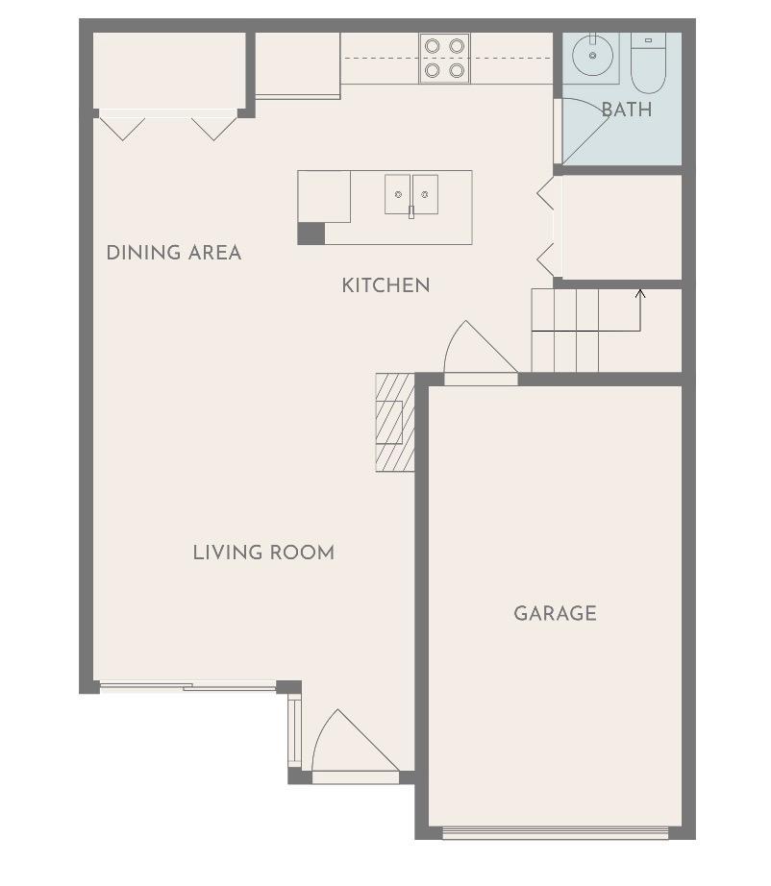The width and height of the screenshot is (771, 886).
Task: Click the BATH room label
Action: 626,110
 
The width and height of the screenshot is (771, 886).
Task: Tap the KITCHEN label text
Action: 385,285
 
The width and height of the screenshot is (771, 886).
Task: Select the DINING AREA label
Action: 173,253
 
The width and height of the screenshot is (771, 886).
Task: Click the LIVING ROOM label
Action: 263,553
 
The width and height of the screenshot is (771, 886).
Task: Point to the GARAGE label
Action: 555,613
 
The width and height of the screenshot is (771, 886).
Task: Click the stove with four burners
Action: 444,58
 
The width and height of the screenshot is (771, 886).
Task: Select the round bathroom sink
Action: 595,57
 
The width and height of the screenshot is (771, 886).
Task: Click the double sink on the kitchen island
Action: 411,194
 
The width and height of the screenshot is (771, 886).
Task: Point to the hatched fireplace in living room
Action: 394,422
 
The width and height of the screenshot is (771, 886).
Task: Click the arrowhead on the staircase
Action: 640,293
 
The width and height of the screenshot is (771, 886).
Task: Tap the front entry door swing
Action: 352,745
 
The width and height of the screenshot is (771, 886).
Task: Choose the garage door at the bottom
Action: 555,832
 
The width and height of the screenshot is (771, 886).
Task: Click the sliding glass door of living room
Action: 188,686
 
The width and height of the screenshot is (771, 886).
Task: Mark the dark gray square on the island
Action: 311,234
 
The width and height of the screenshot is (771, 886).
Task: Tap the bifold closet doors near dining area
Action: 168,125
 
